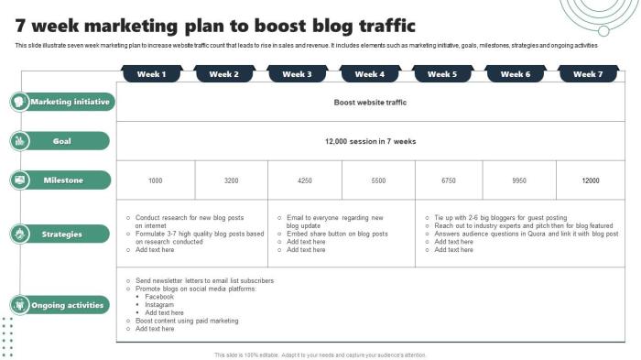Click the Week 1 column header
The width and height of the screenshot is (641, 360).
click(151, 74)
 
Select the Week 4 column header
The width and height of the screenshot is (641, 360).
click(369, 74)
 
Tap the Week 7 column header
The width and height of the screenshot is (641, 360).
click(588, 74)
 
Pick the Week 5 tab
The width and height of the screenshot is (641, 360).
click(442, 74)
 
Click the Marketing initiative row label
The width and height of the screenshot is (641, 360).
click(70, 102)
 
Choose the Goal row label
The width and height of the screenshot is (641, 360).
click(62, 141)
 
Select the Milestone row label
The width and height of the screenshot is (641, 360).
click(63, 180)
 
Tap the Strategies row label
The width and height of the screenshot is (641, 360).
click(62, 235)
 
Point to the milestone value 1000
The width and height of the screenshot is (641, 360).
click(155, 181)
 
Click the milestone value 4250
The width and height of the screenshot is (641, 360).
click(304, 181)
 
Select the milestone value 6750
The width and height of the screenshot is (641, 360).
click(449, 181)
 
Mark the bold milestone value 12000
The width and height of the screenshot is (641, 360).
click(590, 181)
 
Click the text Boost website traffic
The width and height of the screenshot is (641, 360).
click(370, 103)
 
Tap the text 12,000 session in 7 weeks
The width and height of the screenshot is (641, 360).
click(370, 142)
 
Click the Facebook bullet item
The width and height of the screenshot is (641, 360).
click(159, 297)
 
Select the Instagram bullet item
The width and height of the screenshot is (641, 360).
click(159, 305)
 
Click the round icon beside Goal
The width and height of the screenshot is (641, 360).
click(19, 141)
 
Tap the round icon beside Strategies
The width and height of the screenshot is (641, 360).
click(19, 235)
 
